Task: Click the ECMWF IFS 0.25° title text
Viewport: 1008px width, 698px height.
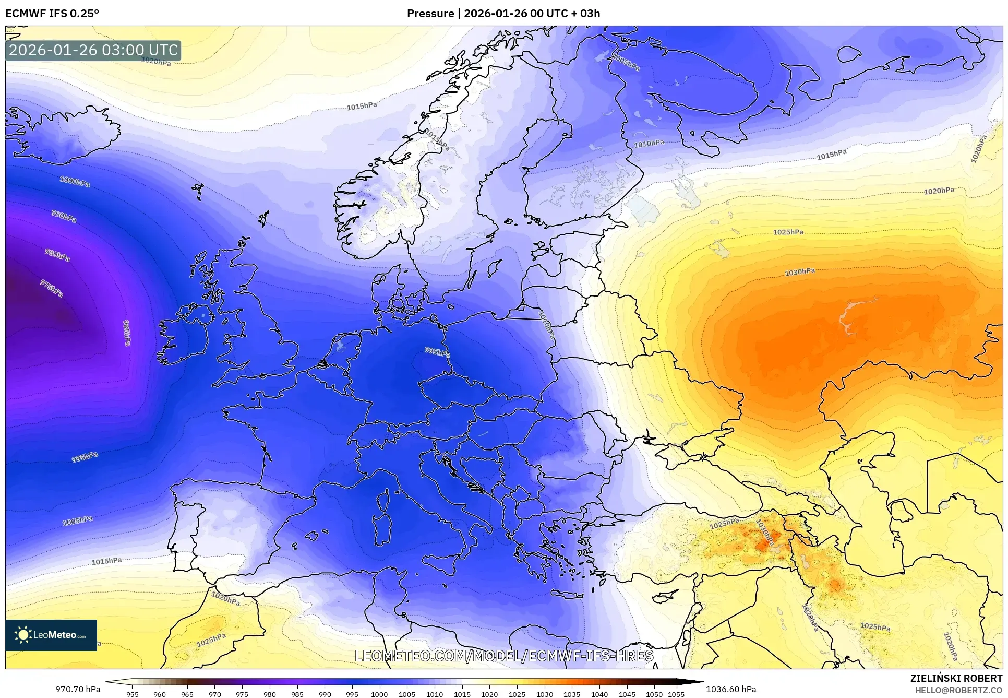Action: (x=52, y=14)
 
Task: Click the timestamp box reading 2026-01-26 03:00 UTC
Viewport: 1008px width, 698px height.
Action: (x=93, y=50)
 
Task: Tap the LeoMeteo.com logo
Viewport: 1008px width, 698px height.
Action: (x=51, y=635)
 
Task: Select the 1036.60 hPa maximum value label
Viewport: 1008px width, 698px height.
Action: (x=730, y=689)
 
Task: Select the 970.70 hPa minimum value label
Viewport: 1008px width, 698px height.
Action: (x=78, y=689)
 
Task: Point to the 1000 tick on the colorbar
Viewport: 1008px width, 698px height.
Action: (x=379, y=694)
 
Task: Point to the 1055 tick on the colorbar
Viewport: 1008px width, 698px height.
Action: (x=676, y=694)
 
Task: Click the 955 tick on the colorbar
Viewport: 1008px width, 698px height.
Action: (x=133, y=694)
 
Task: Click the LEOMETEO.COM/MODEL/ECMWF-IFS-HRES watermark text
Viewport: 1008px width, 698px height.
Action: (x=504, y=656)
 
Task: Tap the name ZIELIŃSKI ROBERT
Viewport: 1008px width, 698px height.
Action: (x=956, y=678)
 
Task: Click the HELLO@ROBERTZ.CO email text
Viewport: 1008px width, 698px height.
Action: (x=958, y=690)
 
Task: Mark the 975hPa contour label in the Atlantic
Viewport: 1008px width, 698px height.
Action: (x=52, y=288)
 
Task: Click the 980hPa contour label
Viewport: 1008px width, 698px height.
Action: (x=57, y=255)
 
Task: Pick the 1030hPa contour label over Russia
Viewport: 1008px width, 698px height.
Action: (x=800, y=272)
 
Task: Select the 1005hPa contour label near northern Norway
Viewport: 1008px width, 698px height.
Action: (x=625, y=63)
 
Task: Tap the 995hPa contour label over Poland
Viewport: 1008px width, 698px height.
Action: (x=437, y=352)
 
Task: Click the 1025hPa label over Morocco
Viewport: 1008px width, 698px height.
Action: (x=211, y=640)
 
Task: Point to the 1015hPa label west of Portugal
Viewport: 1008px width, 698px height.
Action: (x=107, y=561)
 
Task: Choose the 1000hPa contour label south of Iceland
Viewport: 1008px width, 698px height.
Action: (x=75, y=182)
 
